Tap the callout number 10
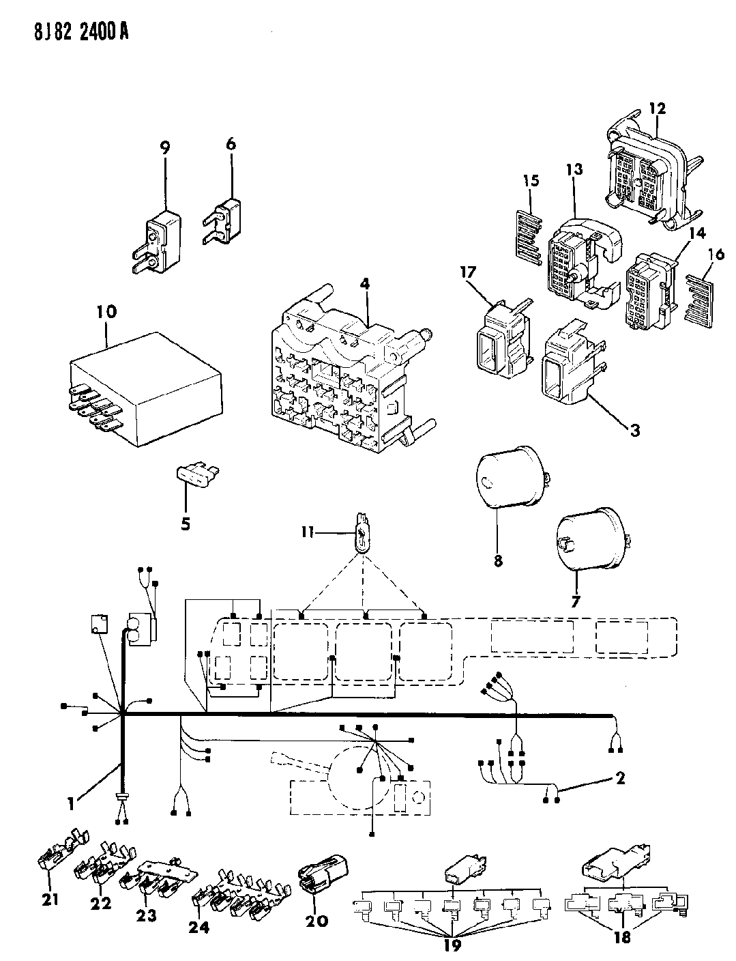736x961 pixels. pos(107,313)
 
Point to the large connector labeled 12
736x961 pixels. pos(641,167)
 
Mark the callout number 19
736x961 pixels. pos(452,945)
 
